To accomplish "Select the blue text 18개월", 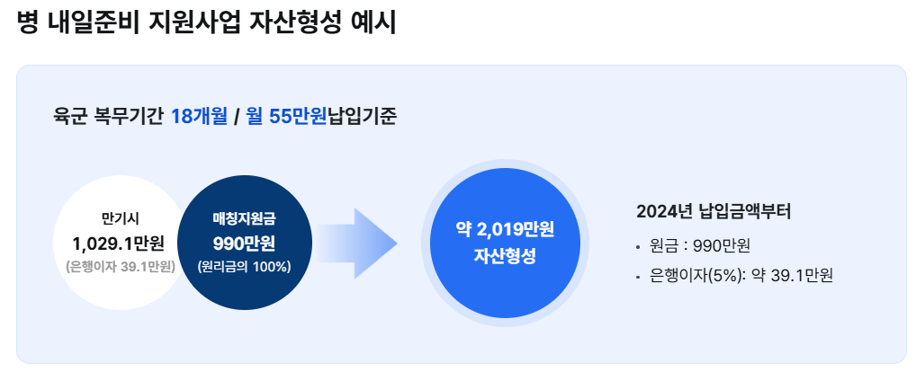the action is coord(199,117).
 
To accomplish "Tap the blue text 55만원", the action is coord(298,117).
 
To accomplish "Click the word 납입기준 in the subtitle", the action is coord(363,117).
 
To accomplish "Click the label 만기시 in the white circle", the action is coord(121,218).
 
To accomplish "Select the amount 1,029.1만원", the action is coord(119,242).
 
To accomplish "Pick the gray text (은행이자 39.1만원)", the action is coord(121,267).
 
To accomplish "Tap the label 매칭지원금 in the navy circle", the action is coord(244,218).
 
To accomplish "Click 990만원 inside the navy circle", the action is coord(244,242).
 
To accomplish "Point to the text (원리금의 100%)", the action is coord(244,267).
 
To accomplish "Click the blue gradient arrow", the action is coord(356,244).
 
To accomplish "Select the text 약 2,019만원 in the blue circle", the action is coord(505,230).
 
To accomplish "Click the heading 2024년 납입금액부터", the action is coord(714,212).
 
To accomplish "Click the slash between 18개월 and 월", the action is coord(238,117).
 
